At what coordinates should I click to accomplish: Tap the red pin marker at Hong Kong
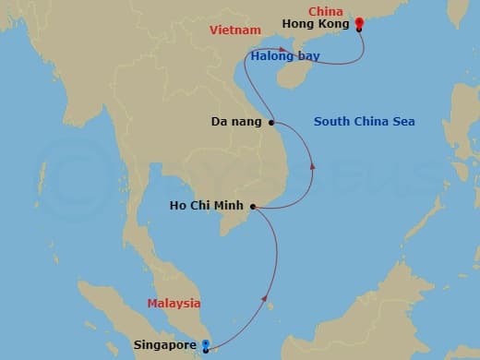point(359,25)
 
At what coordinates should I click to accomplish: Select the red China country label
point(326,12)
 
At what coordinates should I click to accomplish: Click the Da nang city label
point(237,121)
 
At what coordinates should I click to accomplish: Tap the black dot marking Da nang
point(271,122)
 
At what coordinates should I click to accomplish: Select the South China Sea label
point(364,121)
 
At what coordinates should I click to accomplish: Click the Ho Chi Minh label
point(208,207)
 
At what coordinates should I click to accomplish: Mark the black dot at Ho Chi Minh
point(253,207)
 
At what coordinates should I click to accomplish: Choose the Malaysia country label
point(174,303)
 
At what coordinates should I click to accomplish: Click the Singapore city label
point(164,346)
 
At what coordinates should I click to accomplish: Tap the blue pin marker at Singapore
point(205,347)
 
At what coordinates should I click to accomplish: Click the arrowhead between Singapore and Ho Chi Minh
point(267,300)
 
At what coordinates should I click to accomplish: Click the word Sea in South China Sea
point(402,121)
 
